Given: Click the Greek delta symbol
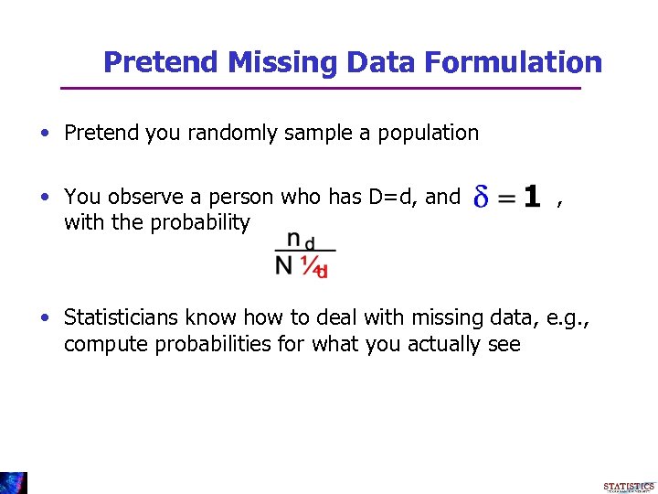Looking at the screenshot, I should [481, 196].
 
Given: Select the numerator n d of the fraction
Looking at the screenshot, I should [301, 240].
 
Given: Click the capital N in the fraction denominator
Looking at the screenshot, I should [285, 266].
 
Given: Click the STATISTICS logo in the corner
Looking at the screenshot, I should [629, 485].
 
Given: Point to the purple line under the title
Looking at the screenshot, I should [320, 88].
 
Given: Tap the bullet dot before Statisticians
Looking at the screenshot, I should [45, 318].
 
